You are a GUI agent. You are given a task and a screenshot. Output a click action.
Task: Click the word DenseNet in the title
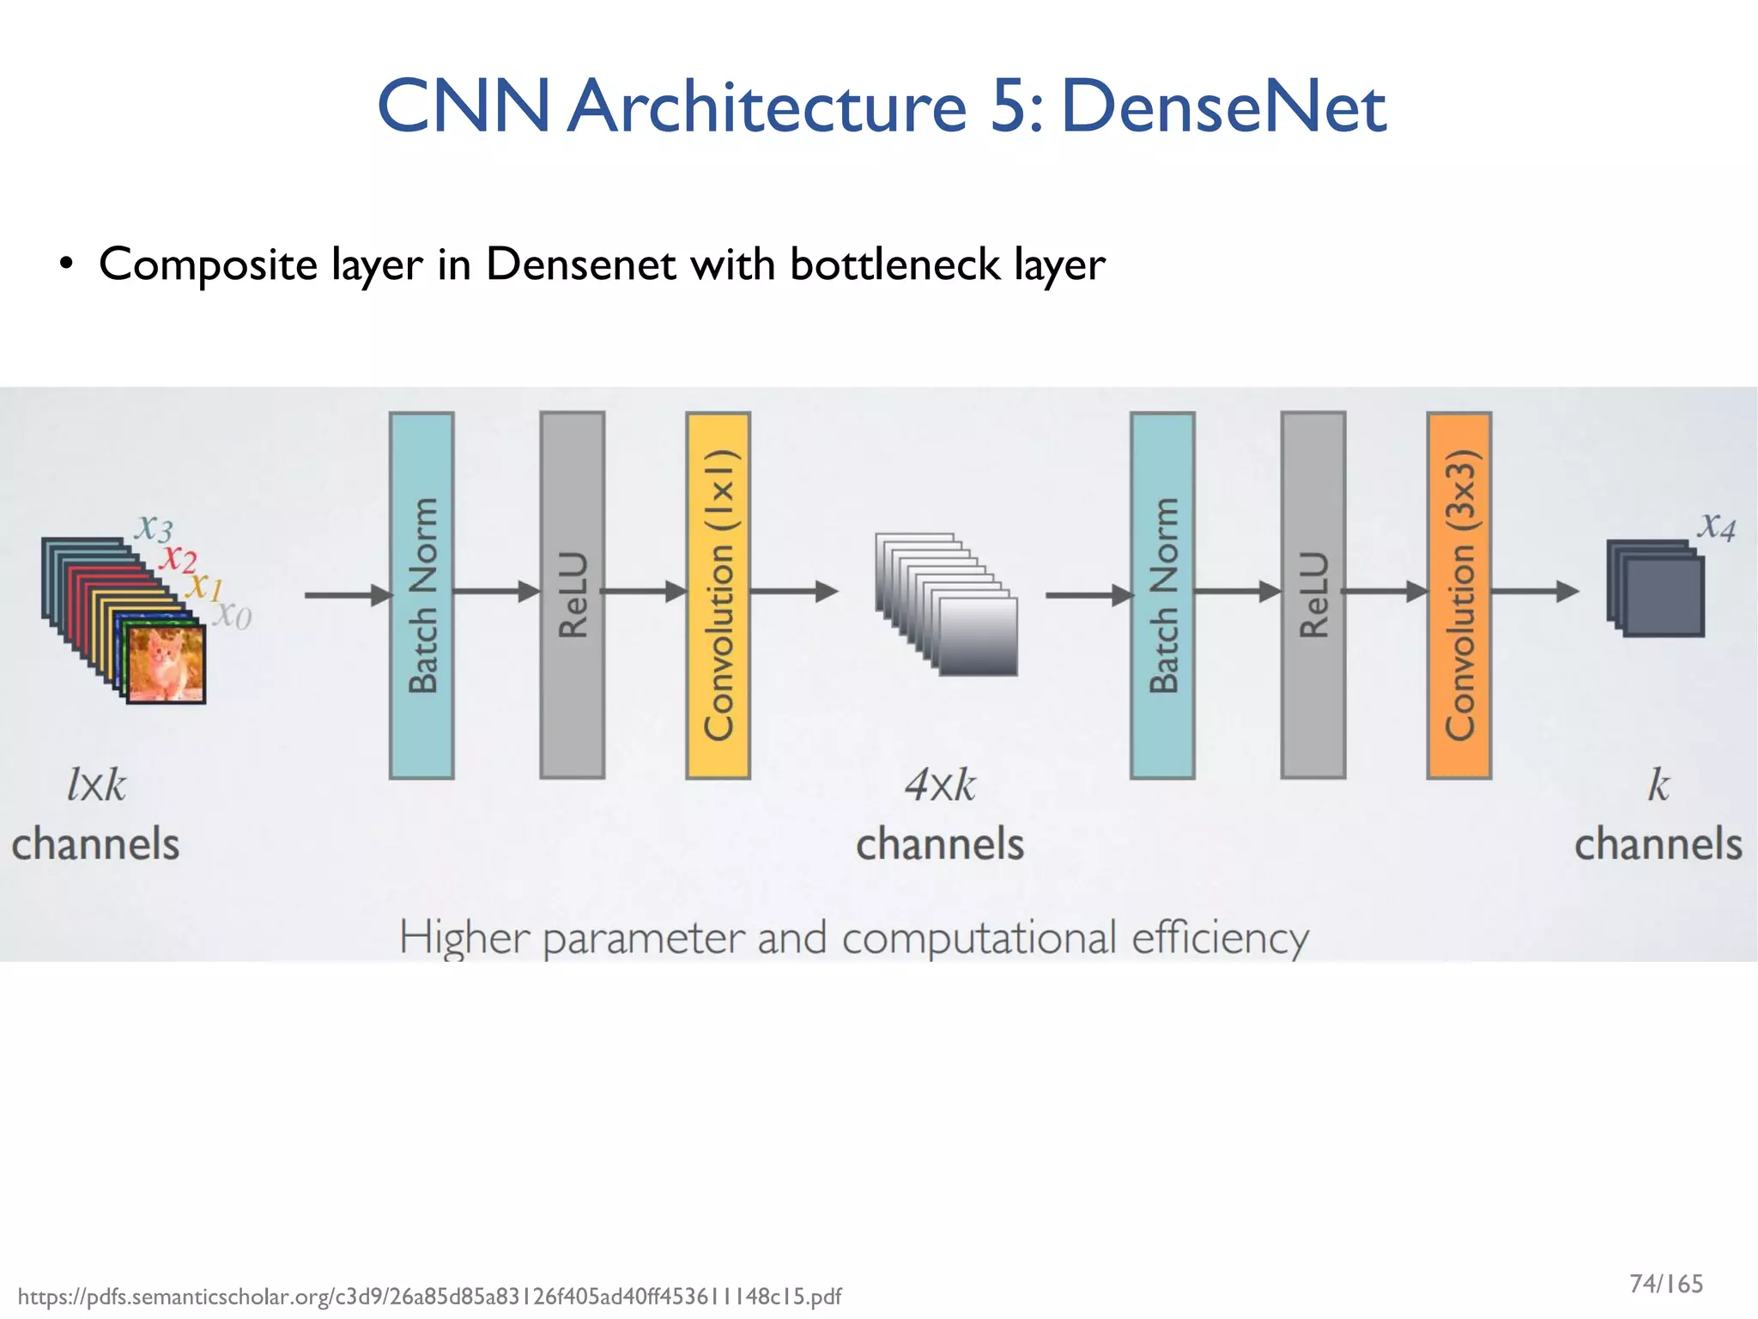(x=1222, y=106)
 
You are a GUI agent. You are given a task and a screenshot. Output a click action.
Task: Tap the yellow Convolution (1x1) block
(x=718, y=595)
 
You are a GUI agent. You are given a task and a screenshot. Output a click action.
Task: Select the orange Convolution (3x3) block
(x=1458, y=595)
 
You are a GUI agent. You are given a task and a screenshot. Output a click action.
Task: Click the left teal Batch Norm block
(x=421, y=595)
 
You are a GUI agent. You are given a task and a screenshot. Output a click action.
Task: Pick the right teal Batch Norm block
(x=1162, y=595)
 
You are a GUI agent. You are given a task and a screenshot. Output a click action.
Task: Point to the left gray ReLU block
(x=573, y=595)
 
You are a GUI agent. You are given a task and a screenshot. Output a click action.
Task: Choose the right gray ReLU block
(x=1313, y=595)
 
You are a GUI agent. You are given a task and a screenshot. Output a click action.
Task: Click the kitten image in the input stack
(x=165, y=664)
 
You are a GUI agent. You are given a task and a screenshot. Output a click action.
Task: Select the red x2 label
(x=178, y=558)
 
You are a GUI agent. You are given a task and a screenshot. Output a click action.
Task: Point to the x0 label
(x=233, y=615)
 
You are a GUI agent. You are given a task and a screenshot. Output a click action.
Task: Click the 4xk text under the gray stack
(x=940, y=785)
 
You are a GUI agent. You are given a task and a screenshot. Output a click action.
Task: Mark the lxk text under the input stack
(x=96, y=785)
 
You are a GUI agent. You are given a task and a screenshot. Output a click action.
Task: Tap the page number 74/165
(x=1665, y=1284)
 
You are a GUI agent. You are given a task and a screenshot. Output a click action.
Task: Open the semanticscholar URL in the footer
(x=429, y=1296)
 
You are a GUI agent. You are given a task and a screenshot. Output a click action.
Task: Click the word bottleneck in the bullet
(x=894, y=264)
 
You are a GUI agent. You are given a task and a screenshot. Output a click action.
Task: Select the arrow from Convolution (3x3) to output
(x=1535, y=591)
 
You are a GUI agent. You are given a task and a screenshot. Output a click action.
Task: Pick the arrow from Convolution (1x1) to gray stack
(x=794, y=591)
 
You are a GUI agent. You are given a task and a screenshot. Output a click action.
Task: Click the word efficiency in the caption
(x=1220, y=938)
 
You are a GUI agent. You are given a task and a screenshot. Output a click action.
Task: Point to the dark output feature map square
(x=1664, y=596)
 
